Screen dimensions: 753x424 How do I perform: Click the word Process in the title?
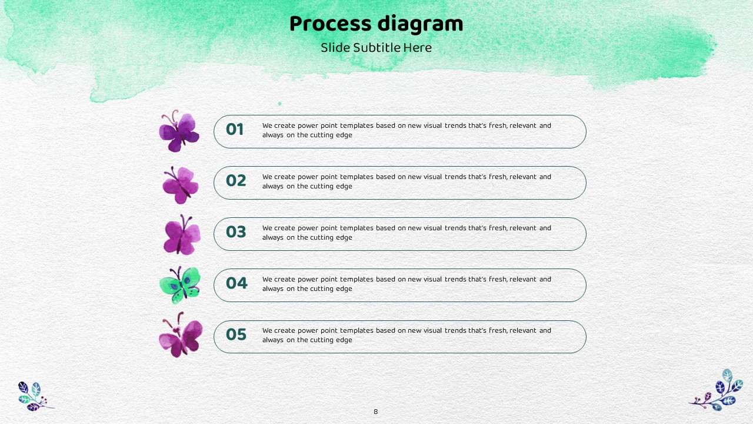pyautogui.click(x=331, y=24)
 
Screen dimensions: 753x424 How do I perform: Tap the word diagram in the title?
pyautogui.click(x=420, y=25)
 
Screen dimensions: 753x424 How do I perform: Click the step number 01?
pyautogui.click(x=235, y=129)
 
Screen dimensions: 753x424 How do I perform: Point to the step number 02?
pyautogui.click(x=236, y=180)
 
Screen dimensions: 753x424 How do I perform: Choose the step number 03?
pyautogui.click(x=236, y=231)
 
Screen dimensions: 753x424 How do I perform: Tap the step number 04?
pyautogui.click(x=236, y=283)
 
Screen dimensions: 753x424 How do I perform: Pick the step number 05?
pyautogui.click(x=236, y=334)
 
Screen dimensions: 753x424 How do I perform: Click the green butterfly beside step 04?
pyautogui.click(x=180, y=285)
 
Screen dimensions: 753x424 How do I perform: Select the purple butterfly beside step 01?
pyautogui.click(x=179, y=131)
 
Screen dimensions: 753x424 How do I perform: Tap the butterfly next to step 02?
pyautogui.click(x=181, y=185)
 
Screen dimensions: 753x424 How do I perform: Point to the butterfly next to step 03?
pyautogui.click(x=182, y=234)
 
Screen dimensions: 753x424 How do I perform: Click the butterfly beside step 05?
pyautogui.click(x=181, y=334)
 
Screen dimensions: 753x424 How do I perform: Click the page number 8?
pyautogui.click(x=375, y=412)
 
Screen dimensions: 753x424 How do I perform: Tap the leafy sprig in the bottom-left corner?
pyautogui.click(x=35, y=396)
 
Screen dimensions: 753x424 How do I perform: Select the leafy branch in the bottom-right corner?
pyautogui.click(x=717, y=390)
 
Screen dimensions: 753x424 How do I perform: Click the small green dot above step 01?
pyautogui.click(x=279, y=104)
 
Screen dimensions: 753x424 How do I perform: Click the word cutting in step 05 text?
pyautogui.click(x=322, y=340)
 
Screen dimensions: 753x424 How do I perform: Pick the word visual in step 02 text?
pyautogui.click(x=432, y=177)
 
